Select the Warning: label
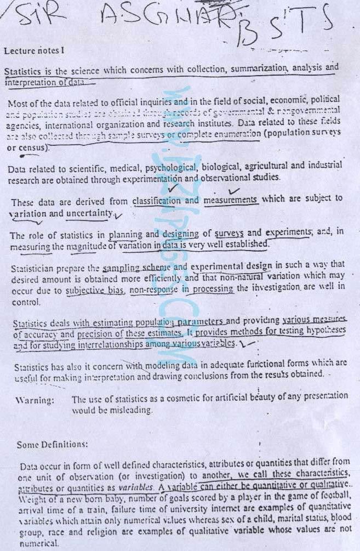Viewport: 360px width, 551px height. (35, 400)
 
